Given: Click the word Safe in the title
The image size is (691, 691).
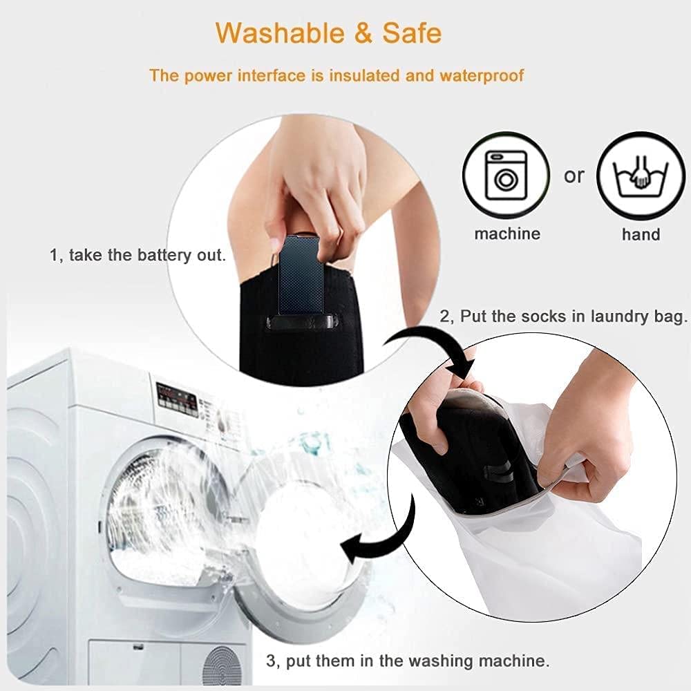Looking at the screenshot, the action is pos(412,32).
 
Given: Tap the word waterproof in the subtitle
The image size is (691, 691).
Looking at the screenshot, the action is pos(482,76).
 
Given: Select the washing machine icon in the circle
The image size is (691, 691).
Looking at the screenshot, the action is pos(506,176).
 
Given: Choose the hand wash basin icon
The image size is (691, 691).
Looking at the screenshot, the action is pos(641,176).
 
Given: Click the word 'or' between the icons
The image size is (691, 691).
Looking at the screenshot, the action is pos(574,176).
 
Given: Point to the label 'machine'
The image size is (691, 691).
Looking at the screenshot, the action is pos(507,233).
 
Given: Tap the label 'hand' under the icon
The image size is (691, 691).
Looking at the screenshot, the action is pos(641,234).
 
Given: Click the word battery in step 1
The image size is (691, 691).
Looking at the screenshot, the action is pos(165,255).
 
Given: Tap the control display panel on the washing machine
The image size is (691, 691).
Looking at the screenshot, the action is pos(177,396).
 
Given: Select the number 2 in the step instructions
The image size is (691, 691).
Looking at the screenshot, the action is pos(444,316).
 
